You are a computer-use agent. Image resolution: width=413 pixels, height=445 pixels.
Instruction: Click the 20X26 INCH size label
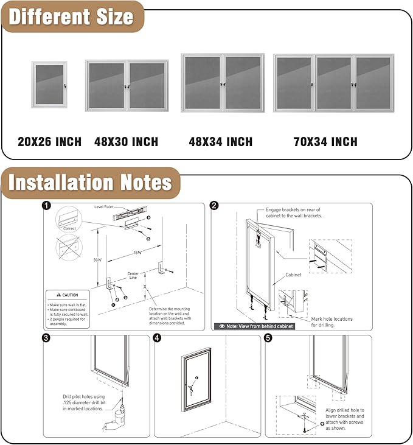tap(49, 142)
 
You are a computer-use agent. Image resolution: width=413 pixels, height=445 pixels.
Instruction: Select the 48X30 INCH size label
tap(126, 142)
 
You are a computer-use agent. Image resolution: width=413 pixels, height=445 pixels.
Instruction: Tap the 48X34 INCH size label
tap(220, 142)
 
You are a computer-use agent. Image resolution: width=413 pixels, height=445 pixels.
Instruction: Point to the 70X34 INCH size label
tap(325, 142)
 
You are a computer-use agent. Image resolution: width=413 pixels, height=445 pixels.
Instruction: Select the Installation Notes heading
tap(90, 183)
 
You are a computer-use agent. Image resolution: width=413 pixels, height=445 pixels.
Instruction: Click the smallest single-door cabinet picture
tap(49, 85)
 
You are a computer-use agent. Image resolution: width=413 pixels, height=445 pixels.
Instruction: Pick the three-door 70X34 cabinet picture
tap(333, 83)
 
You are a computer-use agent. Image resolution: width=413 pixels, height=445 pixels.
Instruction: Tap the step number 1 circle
tap(46, 206)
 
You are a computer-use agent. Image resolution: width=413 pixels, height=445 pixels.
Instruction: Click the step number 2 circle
tap(214, 206)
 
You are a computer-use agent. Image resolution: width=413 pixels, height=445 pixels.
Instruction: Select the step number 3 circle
tap(46, 338)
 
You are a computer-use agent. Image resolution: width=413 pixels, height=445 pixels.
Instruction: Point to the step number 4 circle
tap(158, 338)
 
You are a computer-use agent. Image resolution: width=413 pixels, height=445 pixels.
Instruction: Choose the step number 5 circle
tap(268, 338)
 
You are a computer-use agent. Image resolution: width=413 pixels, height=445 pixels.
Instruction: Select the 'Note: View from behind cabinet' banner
tap(255, 326)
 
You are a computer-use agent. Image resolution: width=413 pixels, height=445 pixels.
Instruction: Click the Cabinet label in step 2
tap(294, 275)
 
